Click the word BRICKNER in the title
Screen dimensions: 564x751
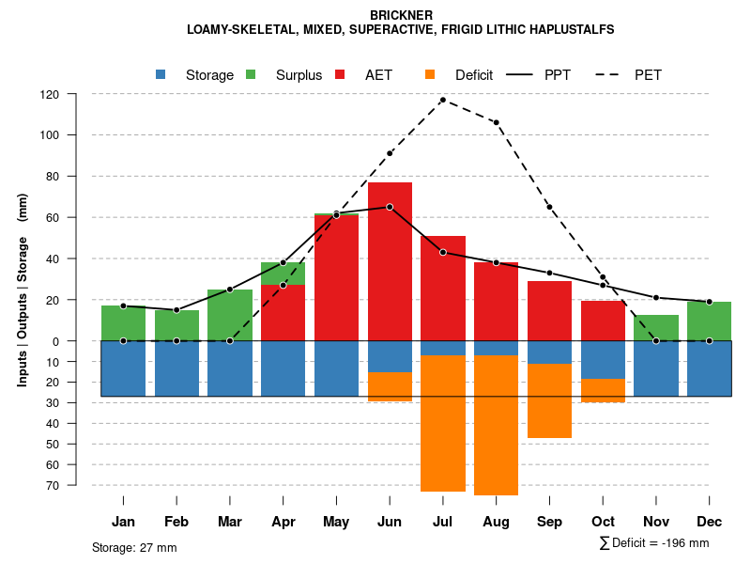coord(401,15)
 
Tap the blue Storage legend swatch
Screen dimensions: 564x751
coord(161,74)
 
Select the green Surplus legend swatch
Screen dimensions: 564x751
coord(251,74)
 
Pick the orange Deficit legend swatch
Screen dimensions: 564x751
coord(430,74)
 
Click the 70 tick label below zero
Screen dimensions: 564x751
coord(53,485)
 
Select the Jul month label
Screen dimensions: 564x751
coord(442,522)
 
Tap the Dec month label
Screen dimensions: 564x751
coord(709,522)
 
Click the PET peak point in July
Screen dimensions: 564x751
coord(442,100)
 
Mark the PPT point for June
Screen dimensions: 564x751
coord(390,207)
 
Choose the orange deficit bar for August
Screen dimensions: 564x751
coord(496,423)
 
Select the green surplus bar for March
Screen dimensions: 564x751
coord(230,315)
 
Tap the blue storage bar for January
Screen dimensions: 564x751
coord(123,368)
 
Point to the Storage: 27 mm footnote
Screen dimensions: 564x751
coord(134,547)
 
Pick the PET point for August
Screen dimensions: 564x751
coord(496,122)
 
